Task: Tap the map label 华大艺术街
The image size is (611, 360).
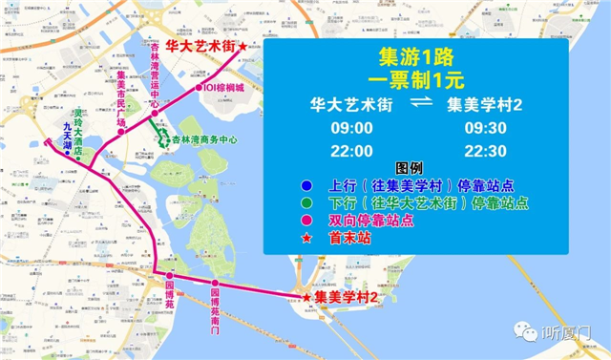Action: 200,45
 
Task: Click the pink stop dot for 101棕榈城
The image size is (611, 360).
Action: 200,87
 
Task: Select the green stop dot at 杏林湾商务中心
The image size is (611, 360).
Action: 164,140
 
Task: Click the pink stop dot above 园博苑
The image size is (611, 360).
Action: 170,275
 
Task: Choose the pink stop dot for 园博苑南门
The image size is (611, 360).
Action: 216,283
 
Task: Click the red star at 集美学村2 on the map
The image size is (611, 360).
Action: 306,299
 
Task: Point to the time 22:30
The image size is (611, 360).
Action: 485,151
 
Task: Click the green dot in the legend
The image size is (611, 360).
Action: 305,202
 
